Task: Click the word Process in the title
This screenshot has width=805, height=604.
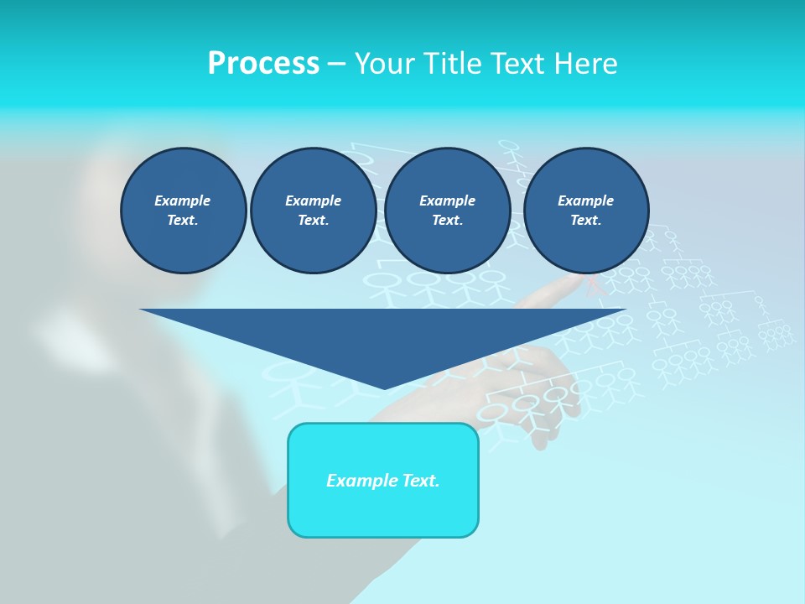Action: (263, 64)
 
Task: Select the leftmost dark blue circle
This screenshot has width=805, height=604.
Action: (184, 211)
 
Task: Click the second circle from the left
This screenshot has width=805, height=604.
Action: (314, 211)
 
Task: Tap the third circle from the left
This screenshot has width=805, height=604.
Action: (448, 211)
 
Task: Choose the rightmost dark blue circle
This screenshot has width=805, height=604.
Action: (586, 211)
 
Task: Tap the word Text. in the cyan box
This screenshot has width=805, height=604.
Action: (419, 481)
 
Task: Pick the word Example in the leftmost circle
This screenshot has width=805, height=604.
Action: (183, 200)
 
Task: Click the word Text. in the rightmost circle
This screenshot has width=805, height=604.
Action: (586, 221)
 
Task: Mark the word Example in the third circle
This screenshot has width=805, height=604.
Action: (448, 200)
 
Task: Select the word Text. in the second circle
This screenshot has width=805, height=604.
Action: (314, 221)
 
